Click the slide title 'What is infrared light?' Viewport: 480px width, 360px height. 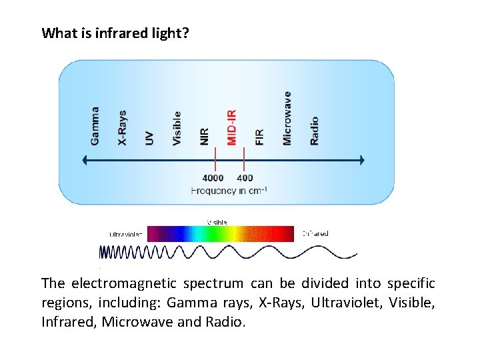coord(115,33)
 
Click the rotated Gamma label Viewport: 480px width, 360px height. coord(95,126)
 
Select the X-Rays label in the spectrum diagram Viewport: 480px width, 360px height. coord(123,127)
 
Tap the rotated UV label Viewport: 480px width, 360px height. coord(149,138)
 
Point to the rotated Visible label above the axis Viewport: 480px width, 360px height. coord(177,128)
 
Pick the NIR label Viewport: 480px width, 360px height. coord(204,136)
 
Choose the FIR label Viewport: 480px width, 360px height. coord(259,137)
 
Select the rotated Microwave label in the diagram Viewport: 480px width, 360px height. coord(287,118)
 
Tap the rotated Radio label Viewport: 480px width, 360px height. coord(314,131)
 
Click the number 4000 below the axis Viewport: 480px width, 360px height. coord(213,178)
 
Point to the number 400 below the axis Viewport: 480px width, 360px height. coord(245,178)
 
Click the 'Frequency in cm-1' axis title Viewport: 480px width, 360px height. coord(229,191)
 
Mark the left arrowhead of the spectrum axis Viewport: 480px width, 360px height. coord(85,160)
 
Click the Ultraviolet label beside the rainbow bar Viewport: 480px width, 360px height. coord(126,234)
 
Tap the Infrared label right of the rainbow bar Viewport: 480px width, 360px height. coord(315,233)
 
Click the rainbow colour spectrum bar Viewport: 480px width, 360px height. coord(220,233)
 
